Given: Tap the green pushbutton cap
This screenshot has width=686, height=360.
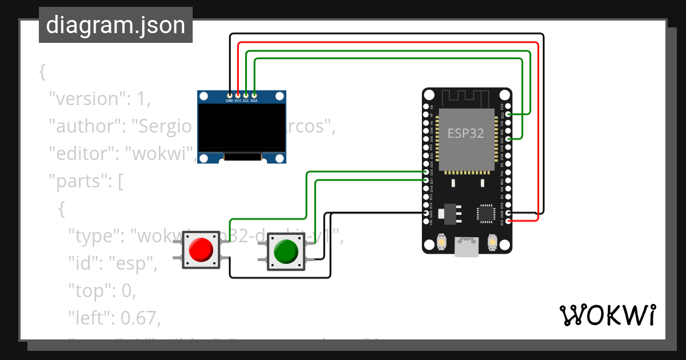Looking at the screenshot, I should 286,251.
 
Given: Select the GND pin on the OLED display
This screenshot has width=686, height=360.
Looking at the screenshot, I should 230,95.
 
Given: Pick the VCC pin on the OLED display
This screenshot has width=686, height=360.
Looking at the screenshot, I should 238,95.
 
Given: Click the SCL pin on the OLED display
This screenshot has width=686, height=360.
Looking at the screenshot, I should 246,95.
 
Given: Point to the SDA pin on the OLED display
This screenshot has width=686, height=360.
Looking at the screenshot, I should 254,95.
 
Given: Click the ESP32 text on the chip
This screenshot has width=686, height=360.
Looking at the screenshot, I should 465,134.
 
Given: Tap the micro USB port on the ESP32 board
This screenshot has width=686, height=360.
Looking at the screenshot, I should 466,247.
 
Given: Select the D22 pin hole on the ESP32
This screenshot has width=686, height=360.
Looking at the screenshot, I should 508,114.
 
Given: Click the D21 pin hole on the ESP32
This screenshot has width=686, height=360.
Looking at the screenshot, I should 508,139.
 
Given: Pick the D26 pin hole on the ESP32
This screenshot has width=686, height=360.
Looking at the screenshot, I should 426,171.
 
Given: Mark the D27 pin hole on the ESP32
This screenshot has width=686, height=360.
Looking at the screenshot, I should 426,180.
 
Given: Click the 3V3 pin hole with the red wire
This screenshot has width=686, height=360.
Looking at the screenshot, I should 508,221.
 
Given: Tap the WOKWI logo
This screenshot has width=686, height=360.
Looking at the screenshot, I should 607,315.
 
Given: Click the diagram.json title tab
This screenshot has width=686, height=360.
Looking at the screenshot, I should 115,25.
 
